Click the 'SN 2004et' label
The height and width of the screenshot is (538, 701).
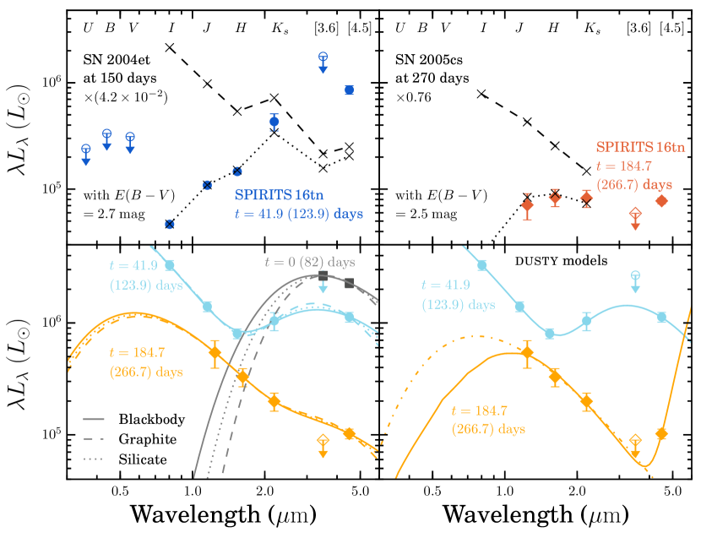click(113, 60)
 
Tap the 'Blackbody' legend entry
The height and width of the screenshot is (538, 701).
click(152, 419)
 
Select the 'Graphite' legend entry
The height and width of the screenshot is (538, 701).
click(149, 439)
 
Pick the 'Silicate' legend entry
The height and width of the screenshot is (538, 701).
click(143, 459)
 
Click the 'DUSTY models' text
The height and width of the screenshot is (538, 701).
click(562, 261)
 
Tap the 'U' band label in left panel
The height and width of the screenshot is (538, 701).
click(86, 28)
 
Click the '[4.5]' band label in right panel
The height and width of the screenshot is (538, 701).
click(671, 28)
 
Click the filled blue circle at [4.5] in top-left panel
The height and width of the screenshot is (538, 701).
click(349, 90)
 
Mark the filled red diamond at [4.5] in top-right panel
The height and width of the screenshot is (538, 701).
click(662, 201)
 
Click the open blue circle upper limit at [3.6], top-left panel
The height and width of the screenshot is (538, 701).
click(323, 57)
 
